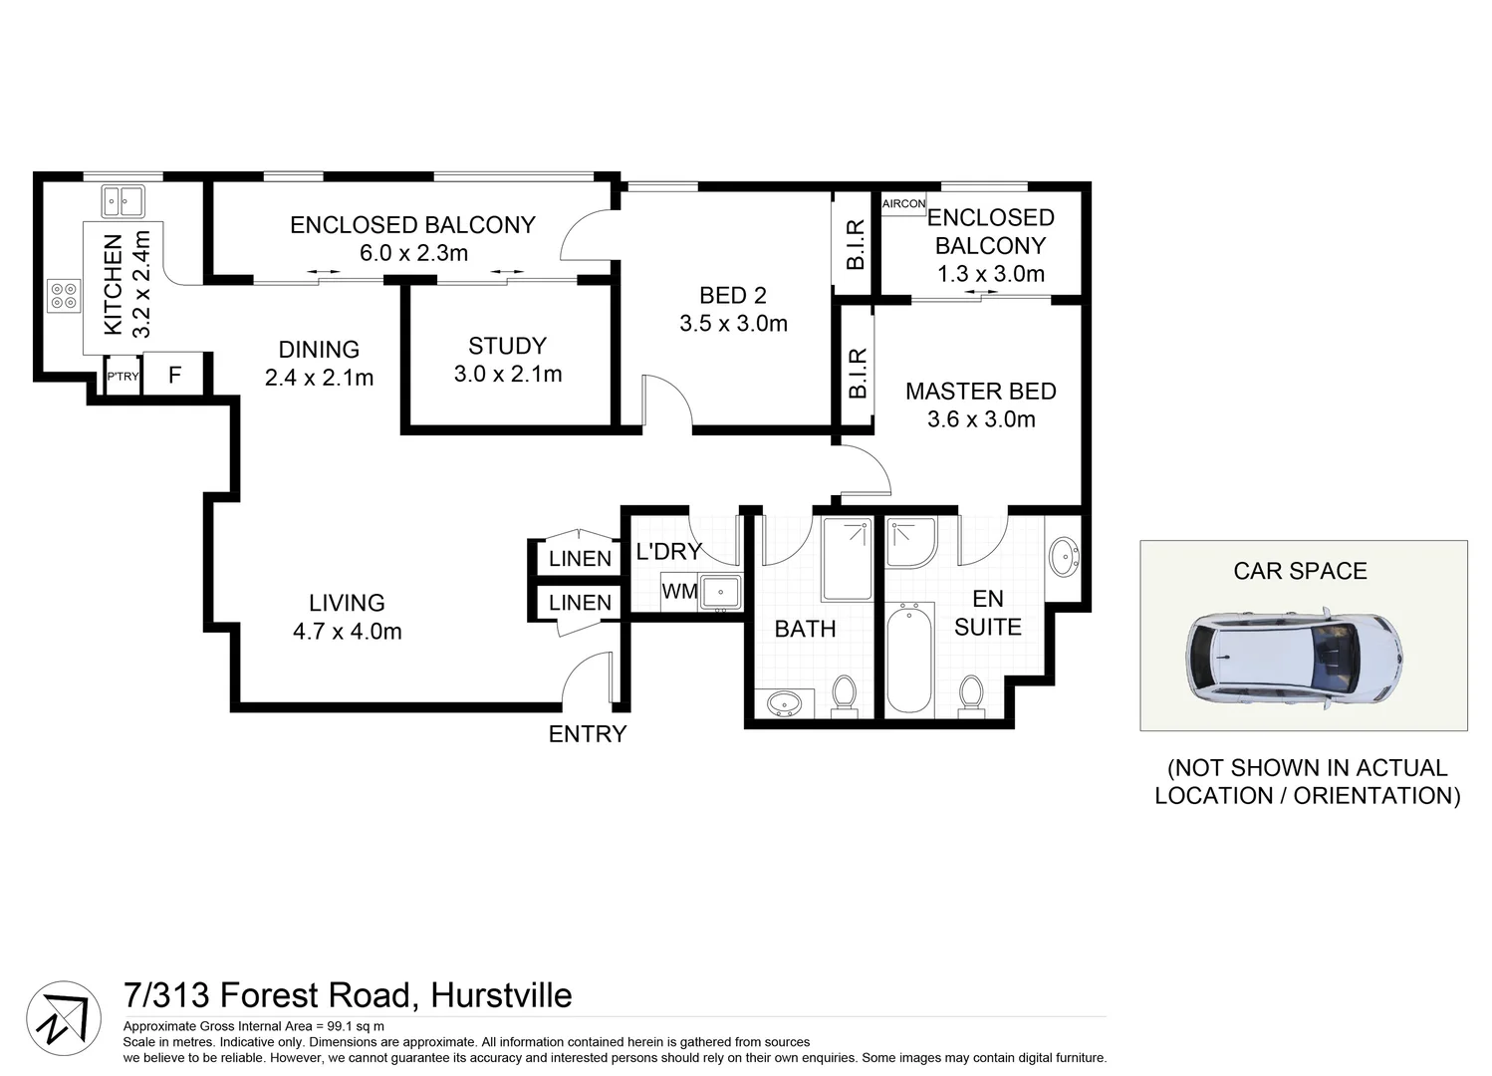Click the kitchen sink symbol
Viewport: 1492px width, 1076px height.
pos(123,201)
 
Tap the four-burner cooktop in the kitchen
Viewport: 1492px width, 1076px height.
pos(64,296)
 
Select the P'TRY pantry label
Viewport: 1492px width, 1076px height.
pos(124,377)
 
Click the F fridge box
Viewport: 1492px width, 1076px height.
pos(174,376)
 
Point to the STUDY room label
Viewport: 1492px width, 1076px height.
pos(507,346)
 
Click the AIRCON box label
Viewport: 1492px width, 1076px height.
pos(903,203)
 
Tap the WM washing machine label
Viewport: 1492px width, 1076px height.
pos(679,591)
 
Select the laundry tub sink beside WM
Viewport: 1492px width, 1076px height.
pos(719,592)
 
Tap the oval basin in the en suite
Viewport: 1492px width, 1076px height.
pos(1064,556)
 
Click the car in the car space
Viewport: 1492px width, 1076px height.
pos(1295,659)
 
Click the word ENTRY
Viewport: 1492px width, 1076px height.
pos(588,734)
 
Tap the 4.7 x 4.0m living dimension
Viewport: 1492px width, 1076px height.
pos(347,631)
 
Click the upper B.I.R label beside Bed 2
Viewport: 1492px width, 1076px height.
pos(855,244)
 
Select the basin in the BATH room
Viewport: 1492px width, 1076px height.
pos(784,704)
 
